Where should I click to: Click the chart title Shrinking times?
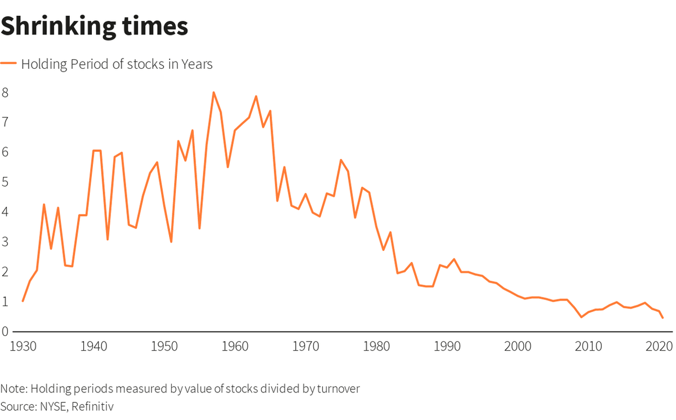pyautogui.click(x=94, y=26)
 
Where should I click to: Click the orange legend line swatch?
pyautogui.click(x=9, y=64)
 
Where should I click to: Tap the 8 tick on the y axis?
pyautogui.click(x=5, y=92)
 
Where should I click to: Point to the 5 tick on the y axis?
pyautogui.click(x=5, y=182)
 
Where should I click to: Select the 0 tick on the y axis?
pyautogui.click(x=5, y=332)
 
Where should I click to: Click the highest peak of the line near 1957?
pyautogui.click(x=214, y=92)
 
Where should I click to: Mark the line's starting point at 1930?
pyautogui.click(x=23, y=301)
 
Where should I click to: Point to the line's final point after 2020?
pyautogui.click(x=662, y=318)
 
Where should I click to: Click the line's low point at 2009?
pyautogui.click(x=581, y=317)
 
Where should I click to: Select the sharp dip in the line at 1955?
pyautogui.click(x=199, y=228)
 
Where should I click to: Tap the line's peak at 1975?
pyautogui.click(x=341, y=160)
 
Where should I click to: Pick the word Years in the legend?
pyautogui.click(x=197, y=64)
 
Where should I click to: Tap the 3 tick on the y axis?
pyautogui.click(x=5, y=242)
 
